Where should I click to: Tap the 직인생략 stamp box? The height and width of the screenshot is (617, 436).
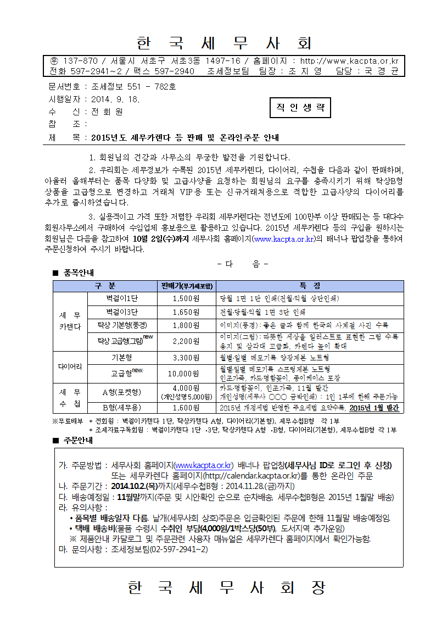point(300,108)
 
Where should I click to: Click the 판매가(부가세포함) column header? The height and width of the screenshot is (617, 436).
point(187,286)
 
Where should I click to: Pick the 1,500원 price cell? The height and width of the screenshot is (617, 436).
point(186,298)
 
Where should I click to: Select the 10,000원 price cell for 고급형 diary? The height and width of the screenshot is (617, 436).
point(186,374)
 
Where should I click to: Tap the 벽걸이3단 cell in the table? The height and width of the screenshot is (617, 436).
point(122,312)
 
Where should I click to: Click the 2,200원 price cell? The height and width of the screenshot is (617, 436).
point(186,341)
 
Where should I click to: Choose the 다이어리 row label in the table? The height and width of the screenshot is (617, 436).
point(70,366)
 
